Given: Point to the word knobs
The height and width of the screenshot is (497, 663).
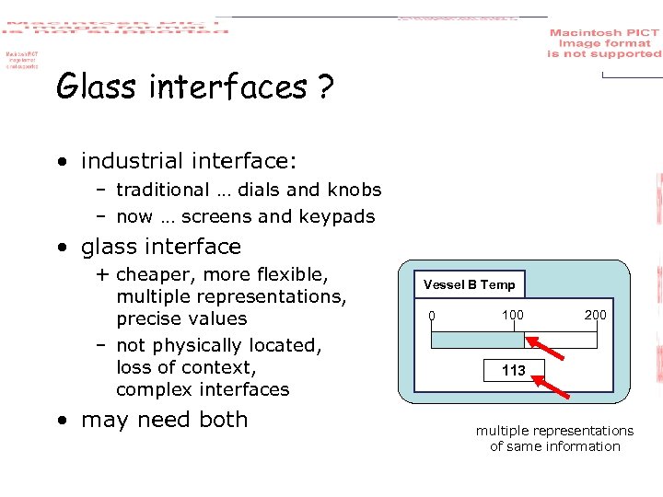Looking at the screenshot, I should [354, 190].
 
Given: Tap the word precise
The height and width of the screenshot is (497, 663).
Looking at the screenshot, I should [145, 318].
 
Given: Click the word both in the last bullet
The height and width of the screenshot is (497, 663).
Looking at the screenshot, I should [224, 420].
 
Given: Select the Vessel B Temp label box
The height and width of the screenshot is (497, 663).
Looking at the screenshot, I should [469, 284].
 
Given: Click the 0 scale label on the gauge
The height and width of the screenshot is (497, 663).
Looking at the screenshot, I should [432, 318].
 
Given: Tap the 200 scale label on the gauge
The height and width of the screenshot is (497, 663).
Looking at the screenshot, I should [596, 315].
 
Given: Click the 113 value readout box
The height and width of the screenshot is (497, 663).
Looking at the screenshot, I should [514, 370].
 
